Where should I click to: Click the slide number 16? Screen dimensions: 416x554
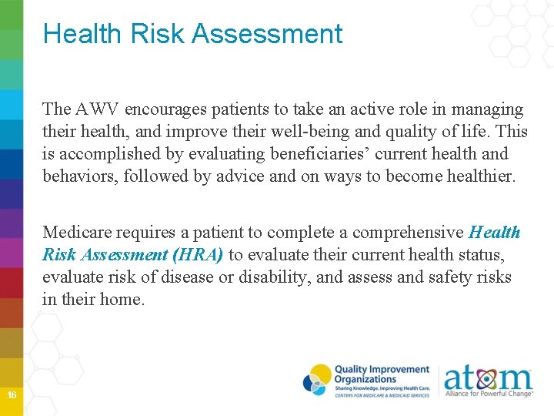point(12,395)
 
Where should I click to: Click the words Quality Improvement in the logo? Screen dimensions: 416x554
point(382,370)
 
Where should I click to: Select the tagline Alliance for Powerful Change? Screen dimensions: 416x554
point(488,394)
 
